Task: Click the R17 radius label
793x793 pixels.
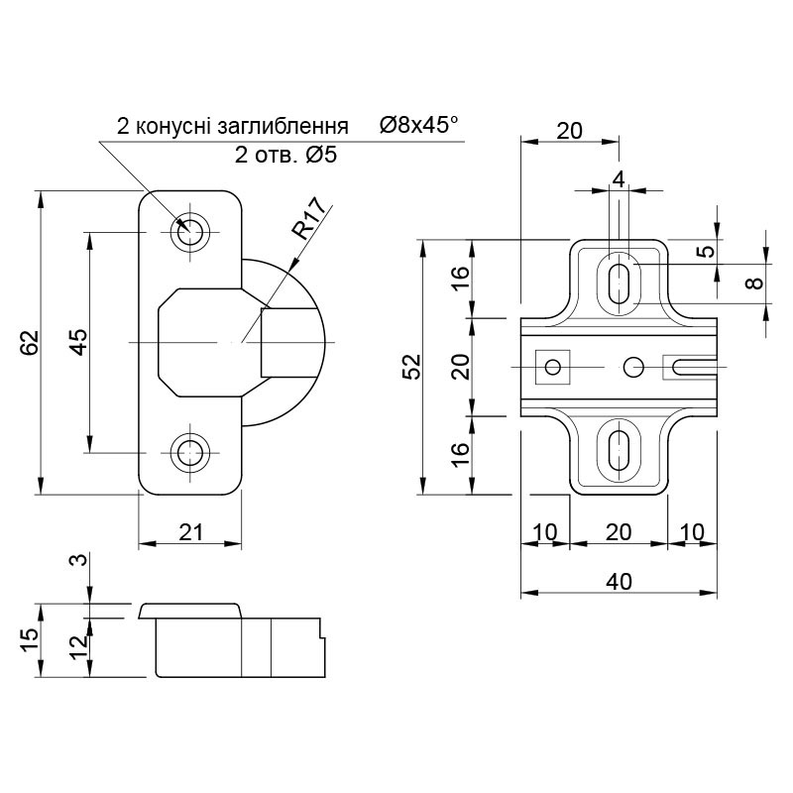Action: click(x=309, y=219)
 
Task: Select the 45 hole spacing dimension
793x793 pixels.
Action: click(x=79, y=342)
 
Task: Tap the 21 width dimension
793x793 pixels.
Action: click(x=190, y=532)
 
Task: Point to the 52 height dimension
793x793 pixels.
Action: click(x=412, y=366)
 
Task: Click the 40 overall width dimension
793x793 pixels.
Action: click(x=619, y=582)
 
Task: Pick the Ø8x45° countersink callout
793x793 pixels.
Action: click(x=419, y=125)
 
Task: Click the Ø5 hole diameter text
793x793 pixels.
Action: click(x=320, y=156)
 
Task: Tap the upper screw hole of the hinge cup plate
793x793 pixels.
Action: click(x=190, y=233)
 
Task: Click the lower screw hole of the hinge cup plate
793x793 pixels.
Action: click(x=190, y=452)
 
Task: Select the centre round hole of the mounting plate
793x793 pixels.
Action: click(x=633, y=367)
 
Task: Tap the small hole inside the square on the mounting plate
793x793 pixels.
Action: click(x=553, y=367)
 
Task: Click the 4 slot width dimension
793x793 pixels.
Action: click(x=619, y=179)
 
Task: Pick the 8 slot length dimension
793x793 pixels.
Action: click(x=756, y=283)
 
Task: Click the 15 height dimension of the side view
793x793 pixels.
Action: click(x=31, y=640)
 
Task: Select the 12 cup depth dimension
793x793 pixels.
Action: click(x=79, y=648)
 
